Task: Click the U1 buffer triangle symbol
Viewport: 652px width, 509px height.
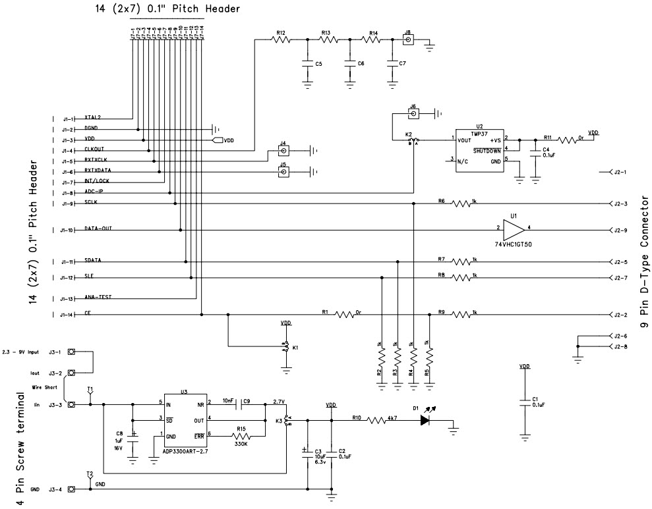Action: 513,230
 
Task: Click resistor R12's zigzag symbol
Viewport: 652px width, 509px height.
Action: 281,40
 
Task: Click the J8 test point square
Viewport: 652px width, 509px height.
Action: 408,40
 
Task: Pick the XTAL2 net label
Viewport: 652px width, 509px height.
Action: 92,117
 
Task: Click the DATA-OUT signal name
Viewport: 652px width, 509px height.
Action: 98,228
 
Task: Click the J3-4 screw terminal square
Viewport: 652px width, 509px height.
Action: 71,489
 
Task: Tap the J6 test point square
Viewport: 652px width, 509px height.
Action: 413,114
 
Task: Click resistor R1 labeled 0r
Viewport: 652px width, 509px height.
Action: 345,315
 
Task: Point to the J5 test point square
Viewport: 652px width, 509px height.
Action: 283,173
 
